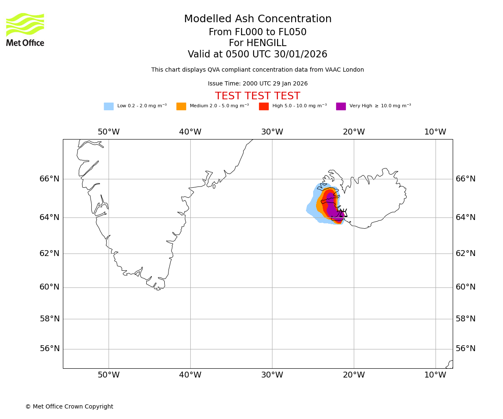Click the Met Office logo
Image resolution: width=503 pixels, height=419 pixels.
click(25, 29)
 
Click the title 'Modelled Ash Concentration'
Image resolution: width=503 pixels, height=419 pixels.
click(257, 19)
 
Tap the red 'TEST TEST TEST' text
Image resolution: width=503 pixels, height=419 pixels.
click(257, 96)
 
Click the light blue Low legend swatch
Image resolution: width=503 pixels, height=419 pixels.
click(109, 106)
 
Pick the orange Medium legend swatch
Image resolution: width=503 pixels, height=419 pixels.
click(181, 106)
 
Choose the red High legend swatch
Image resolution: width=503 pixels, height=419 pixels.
click(264, 106)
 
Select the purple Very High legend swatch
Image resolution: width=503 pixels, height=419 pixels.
click(341, 106)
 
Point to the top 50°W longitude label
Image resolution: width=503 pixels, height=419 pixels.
click(109, 132)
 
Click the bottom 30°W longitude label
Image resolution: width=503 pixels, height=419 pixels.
click(272, 375)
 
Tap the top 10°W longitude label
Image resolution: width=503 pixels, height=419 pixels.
click(435, 132)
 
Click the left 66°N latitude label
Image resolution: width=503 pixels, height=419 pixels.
click(49, 179)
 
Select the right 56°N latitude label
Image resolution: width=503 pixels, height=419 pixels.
click(466, 349)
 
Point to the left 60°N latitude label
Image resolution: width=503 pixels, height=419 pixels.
click(49, 287)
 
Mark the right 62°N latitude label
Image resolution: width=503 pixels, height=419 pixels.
click(466, 253)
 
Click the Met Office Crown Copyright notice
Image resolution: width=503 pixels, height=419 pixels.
click(69, 407)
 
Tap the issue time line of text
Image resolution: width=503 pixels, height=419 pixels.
click(257, 84)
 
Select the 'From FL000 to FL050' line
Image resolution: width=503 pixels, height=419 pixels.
click(257, 32)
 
